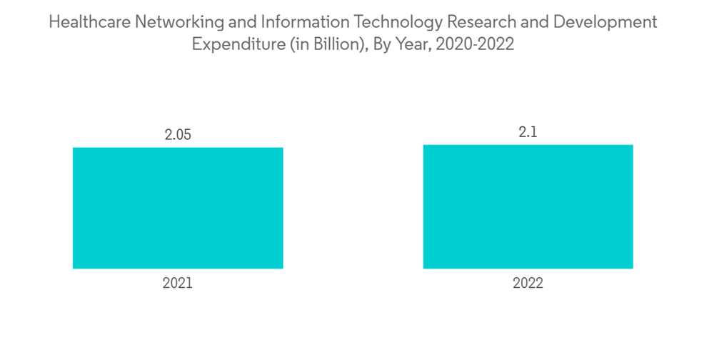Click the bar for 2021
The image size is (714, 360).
tap(178, 208)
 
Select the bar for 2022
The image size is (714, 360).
tap(528, 206)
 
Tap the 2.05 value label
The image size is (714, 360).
tap(178, 134)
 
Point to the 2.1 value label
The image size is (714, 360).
tap(528, 131)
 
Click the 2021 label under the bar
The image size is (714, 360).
tap(178, 284)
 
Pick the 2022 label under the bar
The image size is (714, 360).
tap(528, 284)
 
